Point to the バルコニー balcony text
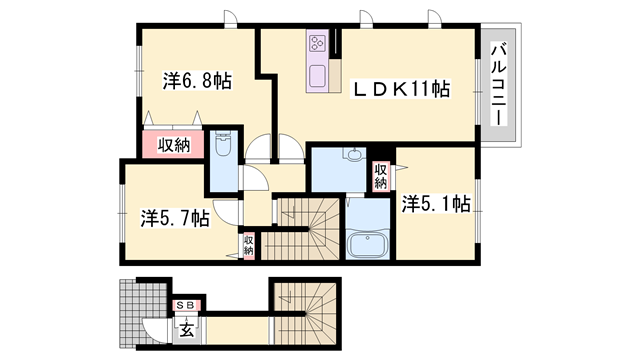(x=496, y=84)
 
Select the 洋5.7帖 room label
(x=174, y=216)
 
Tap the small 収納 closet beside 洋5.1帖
(x=381, y=176)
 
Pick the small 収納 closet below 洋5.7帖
(x=248, y=244)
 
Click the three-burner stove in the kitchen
(x=318, y=43)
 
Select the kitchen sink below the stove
(x=318, y=76)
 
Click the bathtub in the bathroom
(x=368, y=245)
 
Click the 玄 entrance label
(x=186, y=324)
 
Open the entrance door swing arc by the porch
(x=152, y=328)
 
